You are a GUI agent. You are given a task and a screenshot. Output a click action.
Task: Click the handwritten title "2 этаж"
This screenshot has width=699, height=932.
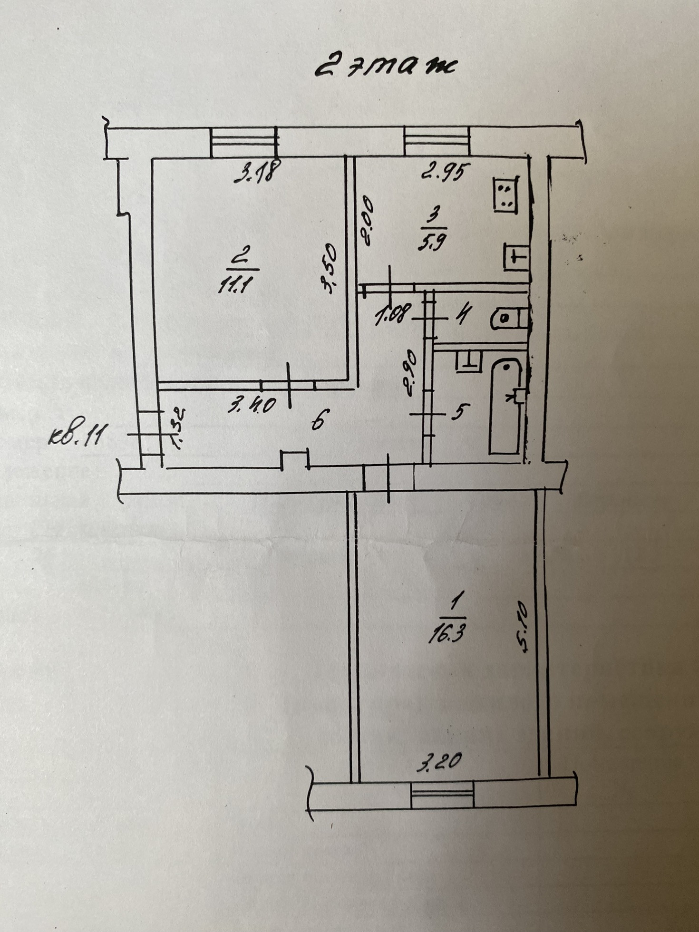tap(385, 66)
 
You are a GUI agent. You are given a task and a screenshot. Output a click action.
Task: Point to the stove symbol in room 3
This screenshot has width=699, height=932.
tap(505, 194)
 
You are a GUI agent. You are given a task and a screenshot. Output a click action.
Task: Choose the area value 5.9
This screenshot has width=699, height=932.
tap(432, 243)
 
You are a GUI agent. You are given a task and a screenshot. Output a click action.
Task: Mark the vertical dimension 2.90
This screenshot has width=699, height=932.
tap(410, 373)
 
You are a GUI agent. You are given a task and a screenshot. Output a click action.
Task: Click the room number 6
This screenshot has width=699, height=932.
tap(318, 420)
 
